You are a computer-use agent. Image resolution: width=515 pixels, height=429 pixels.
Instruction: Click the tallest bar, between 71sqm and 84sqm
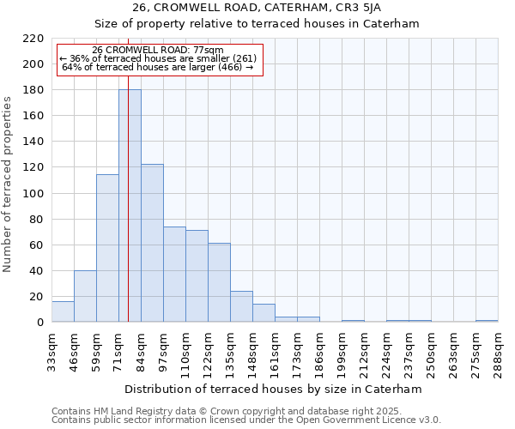130,206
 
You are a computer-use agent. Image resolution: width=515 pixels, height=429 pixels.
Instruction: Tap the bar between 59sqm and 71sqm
107,248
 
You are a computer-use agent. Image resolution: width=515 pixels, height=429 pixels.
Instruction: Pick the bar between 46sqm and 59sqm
85,296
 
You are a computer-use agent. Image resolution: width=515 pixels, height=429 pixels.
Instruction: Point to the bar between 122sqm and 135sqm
219,282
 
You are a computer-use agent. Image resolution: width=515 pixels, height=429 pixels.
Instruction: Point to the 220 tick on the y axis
33,39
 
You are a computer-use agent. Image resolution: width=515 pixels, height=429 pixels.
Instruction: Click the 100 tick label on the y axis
33,193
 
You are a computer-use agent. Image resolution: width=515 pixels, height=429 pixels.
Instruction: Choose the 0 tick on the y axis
39,323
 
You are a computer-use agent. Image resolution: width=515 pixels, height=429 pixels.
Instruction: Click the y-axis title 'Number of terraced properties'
9,184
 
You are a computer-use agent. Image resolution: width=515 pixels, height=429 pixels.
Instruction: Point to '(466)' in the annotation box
231,67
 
